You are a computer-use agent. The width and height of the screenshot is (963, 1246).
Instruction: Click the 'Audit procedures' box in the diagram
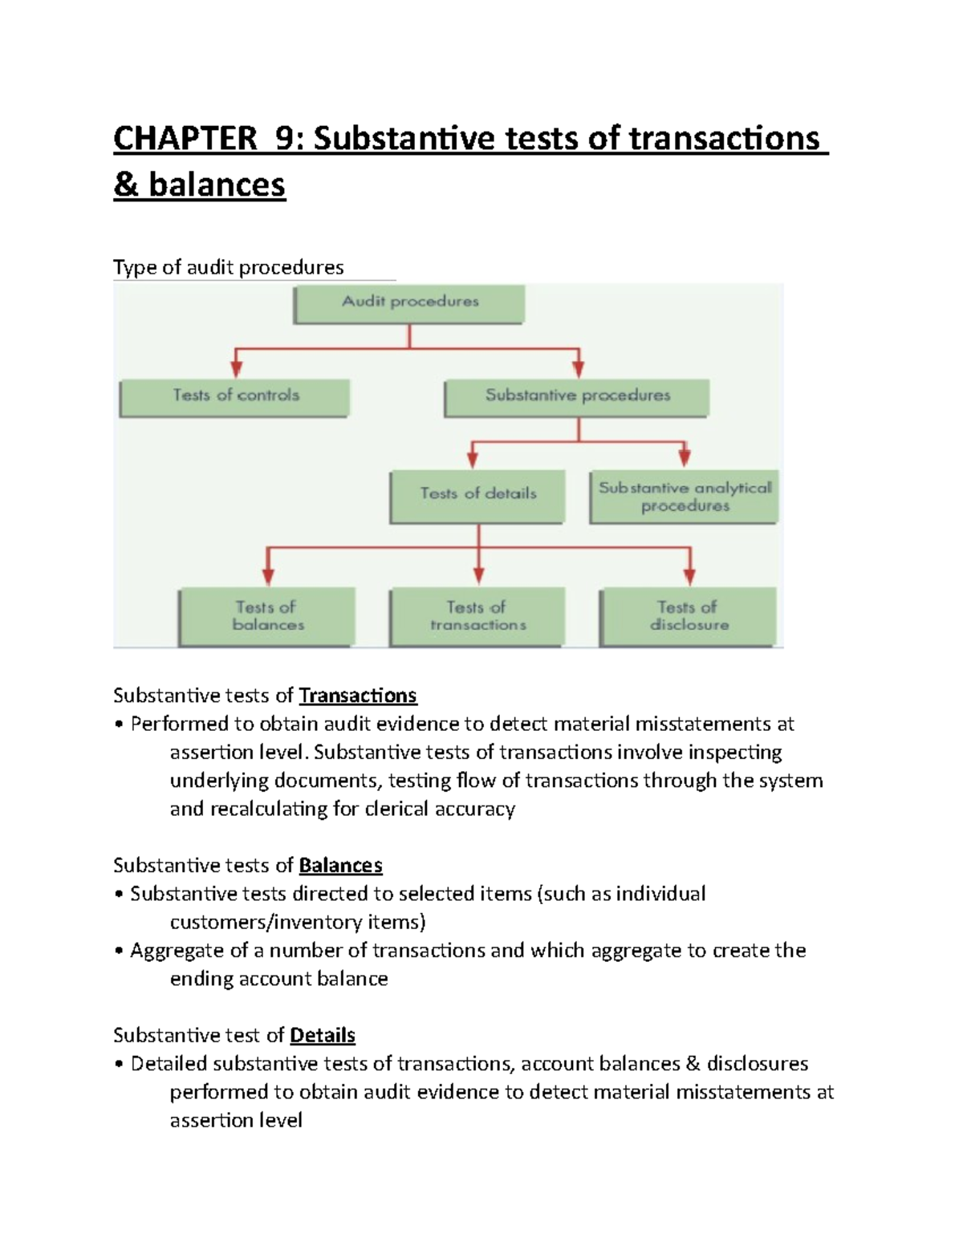click(409, 303)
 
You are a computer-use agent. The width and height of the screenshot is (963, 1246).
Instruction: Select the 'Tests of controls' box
click(234, 396)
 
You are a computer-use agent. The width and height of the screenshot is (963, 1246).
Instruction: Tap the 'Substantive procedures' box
click(576, 396)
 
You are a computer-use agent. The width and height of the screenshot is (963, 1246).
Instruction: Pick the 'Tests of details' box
click(477, 495)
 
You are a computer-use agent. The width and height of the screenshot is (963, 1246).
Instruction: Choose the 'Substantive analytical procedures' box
click(684, 497)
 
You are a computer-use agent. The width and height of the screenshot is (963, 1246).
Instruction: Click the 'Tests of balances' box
click(266, 616)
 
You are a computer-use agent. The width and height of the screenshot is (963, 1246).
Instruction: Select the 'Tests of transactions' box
click(477, 616)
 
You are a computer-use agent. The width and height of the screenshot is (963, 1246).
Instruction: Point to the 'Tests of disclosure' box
click(689, 616)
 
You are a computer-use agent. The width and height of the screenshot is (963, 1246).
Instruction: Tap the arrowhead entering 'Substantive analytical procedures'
click(685, 458)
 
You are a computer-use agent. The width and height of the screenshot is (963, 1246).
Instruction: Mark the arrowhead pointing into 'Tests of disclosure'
click(689, 576)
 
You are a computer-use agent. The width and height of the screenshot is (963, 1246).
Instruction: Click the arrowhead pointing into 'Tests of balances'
click(268, 576)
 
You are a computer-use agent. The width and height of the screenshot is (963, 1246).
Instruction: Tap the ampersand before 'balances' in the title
click(125, 185)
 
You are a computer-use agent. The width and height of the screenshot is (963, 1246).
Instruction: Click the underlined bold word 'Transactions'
click(358, 695)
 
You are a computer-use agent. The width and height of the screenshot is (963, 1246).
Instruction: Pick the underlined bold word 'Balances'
click(340, 865)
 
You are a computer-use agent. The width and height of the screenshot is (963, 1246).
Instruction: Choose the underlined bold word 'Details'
click(323, 1035)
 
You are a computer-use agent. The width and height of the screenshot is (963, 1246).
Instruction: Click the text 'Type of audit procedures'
click(229, 267)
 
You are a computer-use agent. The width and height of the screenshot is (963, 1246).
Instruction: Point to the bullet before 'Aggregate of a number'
click(119, 952)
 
